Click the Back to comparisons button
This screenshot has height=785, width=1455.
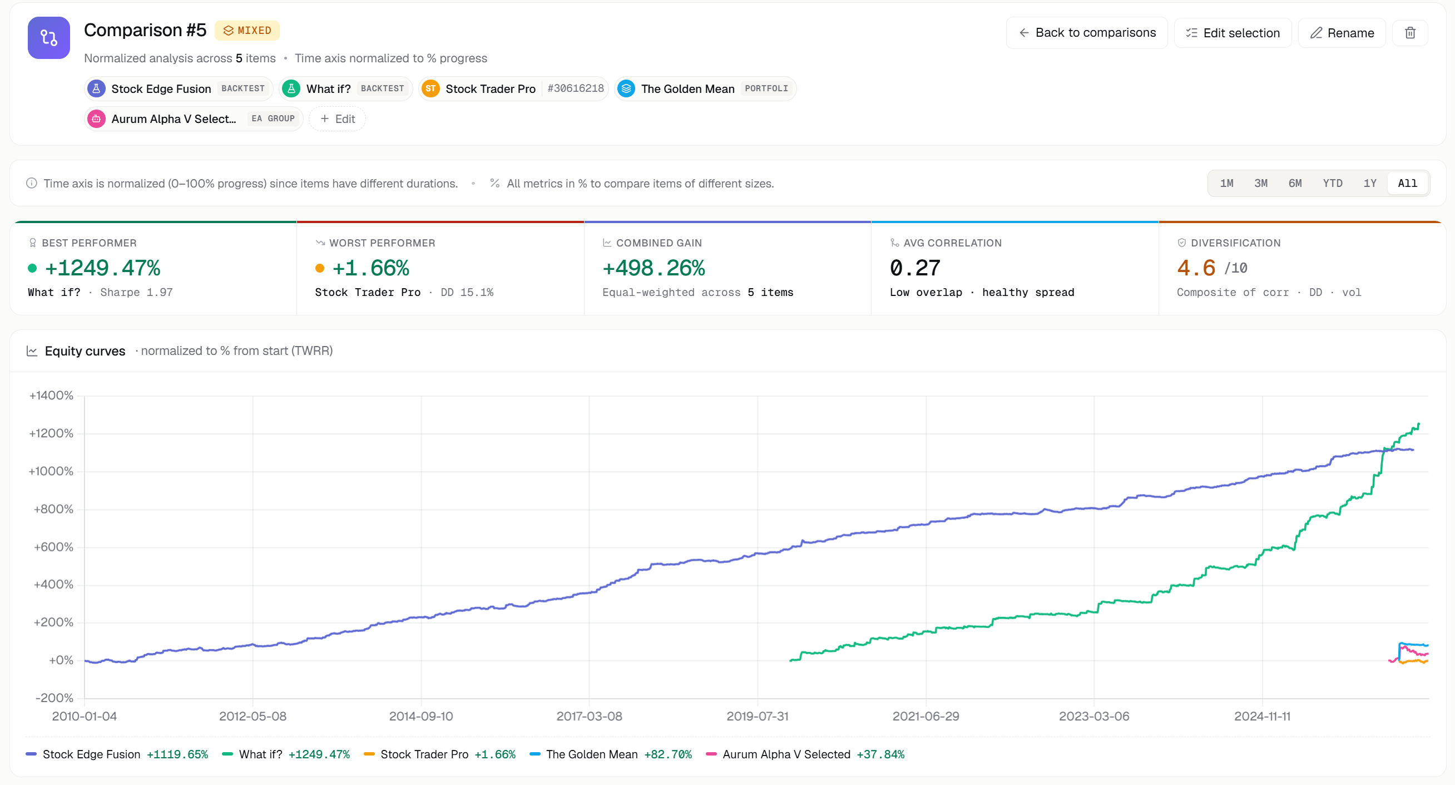pos(1086,33)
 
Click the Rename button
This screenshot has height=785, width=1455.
pos(1342,33)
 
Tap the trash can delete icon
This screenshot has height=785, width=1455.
pos(1410,33)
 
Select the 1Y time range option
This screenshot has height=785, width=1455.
pos(1370,183)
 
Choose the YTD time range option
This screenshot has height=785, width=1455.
pos(1333,183)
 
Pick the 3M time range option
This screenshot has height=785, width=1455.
pos(1261,183)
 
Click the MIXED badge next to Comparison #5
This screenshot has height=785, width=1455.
pos(248,31)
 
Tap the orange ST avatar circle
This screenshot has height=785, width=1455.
pos(430,88)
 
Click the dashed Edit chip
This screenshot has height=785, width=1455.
pos(337,119)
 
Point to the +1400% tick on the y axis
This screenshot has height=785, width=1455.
pos(51,396)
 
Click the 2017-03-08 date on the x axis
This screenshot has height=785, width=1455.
pos(589,716)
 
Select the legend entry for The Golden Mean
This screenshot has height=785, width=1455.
pos(611,754)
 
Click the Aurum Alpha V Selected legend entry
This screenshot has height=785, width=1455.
pos(805,754)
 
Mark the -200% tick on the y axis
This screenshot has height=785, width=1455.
pos(54,698)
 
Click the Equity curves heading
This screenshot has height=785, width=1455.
pos(85,351)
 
